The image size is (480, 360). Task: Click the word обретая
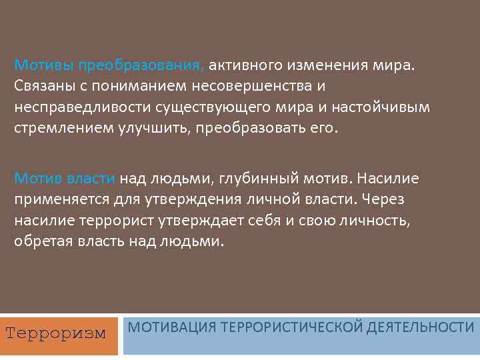point(41,241)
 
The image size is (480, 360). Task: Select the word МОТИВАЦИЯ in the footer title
point(169,327)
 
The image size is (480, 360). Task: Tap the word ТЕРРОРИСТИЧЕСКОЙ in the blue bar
point(290,327)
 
